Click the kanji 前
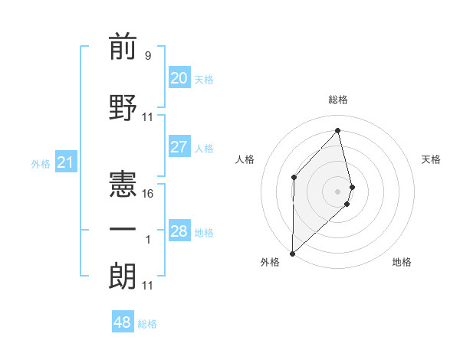(123, 48)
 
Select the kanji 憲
(123, 182)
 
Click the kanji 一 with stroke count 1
(123, 229)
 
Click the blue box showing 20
(179, 78)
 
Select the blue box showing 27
(179, 147)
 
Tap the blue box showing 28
(179, 231)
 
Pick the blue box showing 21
(65, 162)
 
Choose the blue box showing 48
(123, 322)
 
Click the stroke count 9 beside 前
(147, 55)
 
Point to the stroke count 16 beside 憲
(148, 194)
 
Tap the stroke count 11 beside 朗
(148, 286)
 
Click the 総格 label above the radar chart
(337, 100)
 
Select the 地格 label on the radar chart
(402, 262)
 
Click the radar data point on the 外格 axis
(292, 253)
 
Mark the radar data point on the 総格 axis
(337, 130)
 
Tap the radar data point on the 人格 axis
(294, 177)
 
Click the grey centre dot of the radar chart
(337, 191)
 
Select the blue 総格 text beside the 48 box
(147, 324)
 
